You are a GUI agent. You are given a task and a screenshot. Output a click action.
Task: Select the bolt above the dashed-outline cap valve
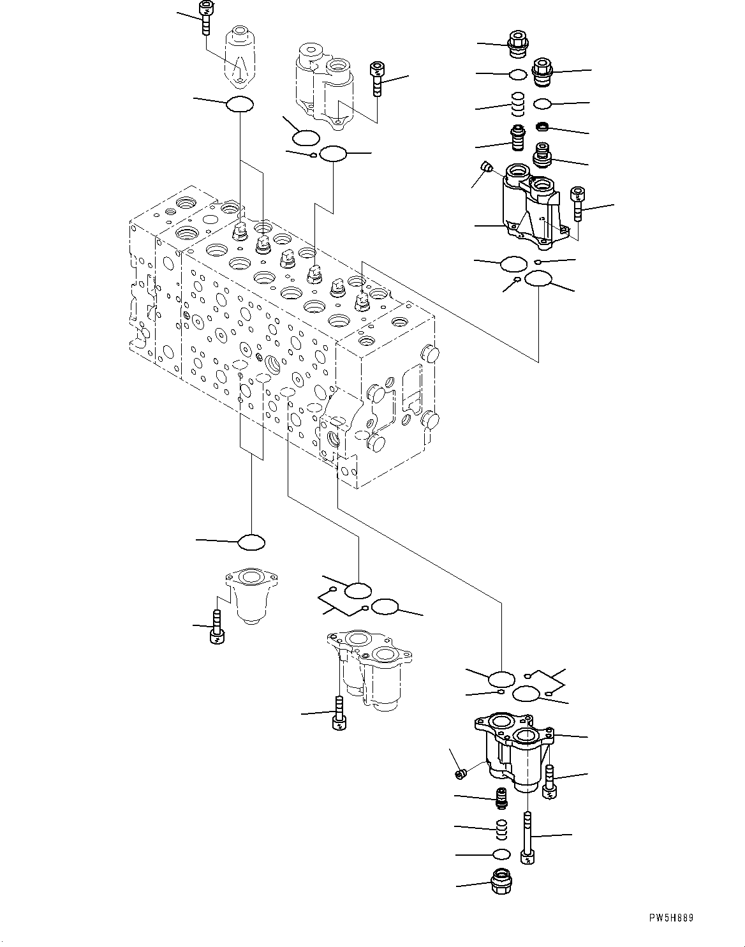click(205, 18)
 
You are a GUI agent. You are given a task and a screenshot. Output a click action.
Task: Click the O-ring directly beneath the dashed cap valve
click(240, 103)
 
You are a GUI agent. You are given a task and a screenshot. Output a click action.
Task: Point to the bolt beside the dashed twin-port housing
click(376, 78)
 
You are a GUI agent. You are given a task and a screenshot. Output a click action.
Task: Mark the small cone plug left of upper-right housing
click(488, 168)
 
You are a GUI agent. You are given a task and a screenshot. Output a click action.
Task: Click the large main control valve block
click(281, 332)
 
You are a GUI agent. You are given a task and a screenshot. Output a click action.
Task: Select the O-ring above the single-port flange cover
click(251, 542)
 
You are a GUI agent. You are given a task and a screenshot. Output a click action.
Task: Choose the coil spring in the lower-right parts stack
click(502, 828)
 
